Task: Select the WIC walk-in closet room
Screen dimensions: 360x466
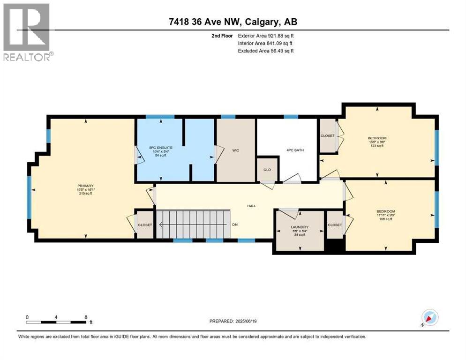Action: point(235,150)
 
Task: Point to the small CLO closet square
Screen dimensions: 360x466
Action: point(267,170)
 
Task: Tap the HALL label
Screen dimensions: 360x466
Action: point(252,206)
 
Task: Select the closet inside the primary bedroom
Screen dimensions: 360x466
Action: point(145,225)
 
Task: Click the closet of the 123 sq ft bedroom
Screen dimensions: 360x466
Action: point(328,136)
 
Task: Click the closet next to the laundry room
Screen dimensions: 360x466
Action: point(335,225)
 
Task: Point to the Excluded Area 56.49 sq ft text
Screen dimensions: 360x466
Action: point(266,51)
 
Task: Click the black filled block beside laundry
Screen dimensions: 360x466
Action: point(335,246)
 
